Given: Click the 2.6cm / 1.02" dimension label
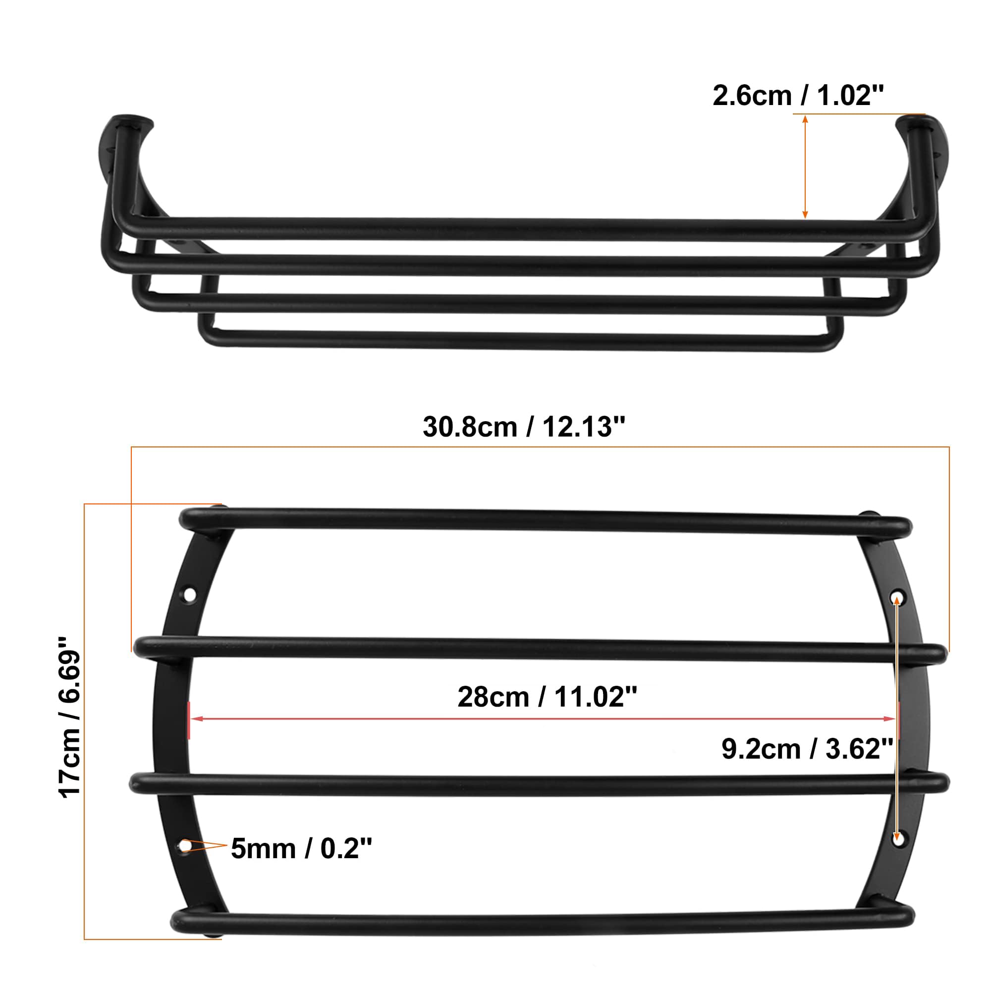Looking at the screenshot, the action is click(x=798, y=96).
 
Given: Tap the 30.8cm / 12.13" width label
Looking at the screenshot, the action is click(x=524, y=427).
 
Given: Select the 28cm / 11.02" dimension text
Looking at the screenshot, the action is click(x=547, y=697).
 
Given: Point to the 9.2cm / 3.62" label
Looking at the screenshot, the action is click(x=807, y=749).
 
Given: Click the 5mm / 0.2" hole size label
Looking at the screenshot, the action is click(x=301, y=848).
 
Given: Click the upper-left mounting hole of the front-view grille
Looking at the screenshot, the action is click(x=190, y=595).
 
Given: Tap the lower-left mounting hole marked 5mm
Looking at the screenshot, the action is click(x=185, y=845).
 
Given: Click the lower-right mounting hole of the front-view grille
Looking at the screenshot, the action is click(x=897, y=840).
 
